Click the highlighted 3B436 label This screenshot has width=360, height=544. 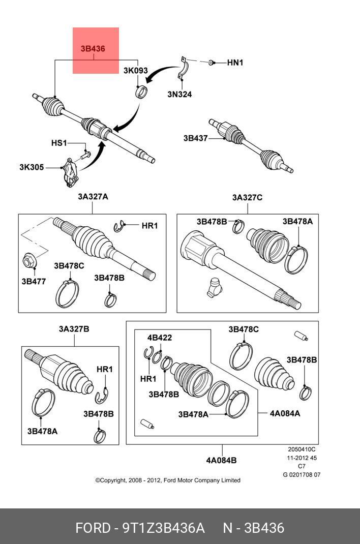pos(93,49)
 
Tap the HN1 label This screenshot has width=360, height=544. pos(235,63)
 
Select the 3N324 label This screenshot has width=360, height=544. pos(179,94)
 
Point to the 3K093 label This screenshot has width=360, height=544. pos(136,71)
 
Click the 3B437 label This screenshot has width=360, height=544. pos(196,138)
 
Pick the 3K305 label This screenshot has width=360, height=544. pos(32,167)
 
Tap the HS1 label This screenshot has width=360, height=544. pos(59,143)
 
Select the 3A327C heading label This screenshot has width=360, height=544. pos(248,197)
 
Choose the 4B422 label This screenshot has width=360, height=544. pos(160,338)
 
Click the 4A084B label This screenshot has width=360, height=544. pos(221,461)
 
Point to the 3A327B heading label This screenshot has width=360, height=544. pos(74,329)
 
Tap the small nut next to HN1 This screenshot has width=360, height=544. pos(211,63)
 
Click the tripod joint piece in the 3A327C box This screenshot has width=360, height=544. pos(214,288)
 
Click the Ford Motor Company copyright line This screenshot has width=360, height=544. pos(168,480)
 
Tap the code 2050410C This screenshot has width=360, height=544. pos(302,449)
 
